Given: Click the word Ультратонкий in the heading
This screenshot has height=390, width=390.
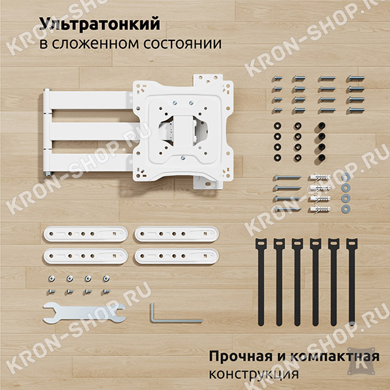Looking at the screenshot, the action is [99, 25].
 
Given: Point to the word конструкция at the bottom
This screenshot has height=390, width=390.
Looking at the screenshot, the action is [253, 374].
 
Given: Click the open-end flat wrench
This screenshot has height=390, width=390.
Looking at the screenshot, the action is [84, 313].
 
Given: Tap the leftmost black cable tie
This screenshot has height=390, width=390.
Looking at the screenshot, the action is [261, 282].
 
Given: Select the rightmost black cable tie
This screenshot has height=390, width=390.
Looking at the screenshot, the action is [352, 282].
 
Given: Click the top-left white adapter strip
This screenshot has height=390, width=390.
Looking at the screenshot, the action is [86, 234].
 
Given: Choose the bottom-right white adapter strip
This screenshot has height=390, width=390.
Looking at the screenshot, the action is [177, 256].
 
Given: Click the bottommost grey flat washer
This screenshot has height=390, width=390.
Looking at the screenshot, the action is [345, 209].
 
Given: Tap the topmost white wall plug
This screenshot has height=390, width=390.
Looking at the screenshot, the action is [320, 177].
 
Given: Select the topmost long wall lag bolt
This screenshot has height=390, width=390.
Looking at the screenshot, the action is [287, 177].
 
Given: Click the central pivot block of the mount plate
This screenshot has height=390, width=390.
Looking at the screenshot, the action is [182, 129].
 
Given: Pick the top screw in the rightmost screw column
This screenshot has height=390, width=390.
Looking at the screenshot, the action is [356, 79].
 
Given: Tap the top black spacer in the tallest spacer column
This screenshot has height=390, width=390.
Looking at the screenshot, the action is [322, 126].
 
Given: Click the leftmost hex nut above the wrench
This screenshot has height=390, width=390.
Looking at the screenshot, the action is [52, 279].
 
